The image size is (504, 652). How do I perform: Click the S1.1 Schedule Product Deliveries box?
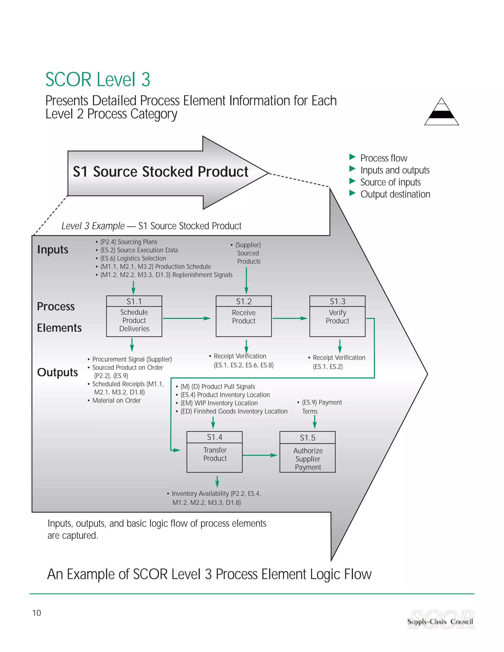pos(134,316)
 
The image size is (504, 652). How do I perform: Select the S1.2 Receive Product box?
pos(244,316)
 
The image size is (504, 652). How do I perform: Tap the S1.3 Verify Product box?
pos(337,316)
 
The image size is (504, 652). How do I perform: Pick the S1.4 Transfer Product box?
pos(214,452)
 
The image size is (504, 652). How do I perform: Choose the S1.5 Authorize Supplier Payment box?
pos(308,452)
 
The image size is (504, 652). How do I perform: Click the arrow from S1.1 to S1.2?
pos(187,318)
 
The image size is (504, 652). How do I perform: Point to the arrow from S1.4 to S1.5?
pos(260,455)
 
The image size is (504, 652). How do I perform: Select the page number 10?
pos(36,613)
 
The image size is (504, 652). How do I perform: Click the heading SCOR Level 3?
pos(98,80)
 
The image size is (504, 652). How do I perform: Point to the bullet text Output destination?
pos(395,194)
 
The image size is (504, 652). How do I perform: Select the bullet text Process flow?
pos(383,158)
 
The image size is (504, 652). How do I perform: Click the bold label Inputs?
pos(53,249)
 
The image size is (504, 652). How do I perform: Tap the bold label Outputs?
pos(57,372)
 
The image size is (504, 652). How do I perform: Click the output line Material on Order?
pos(116,401)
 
